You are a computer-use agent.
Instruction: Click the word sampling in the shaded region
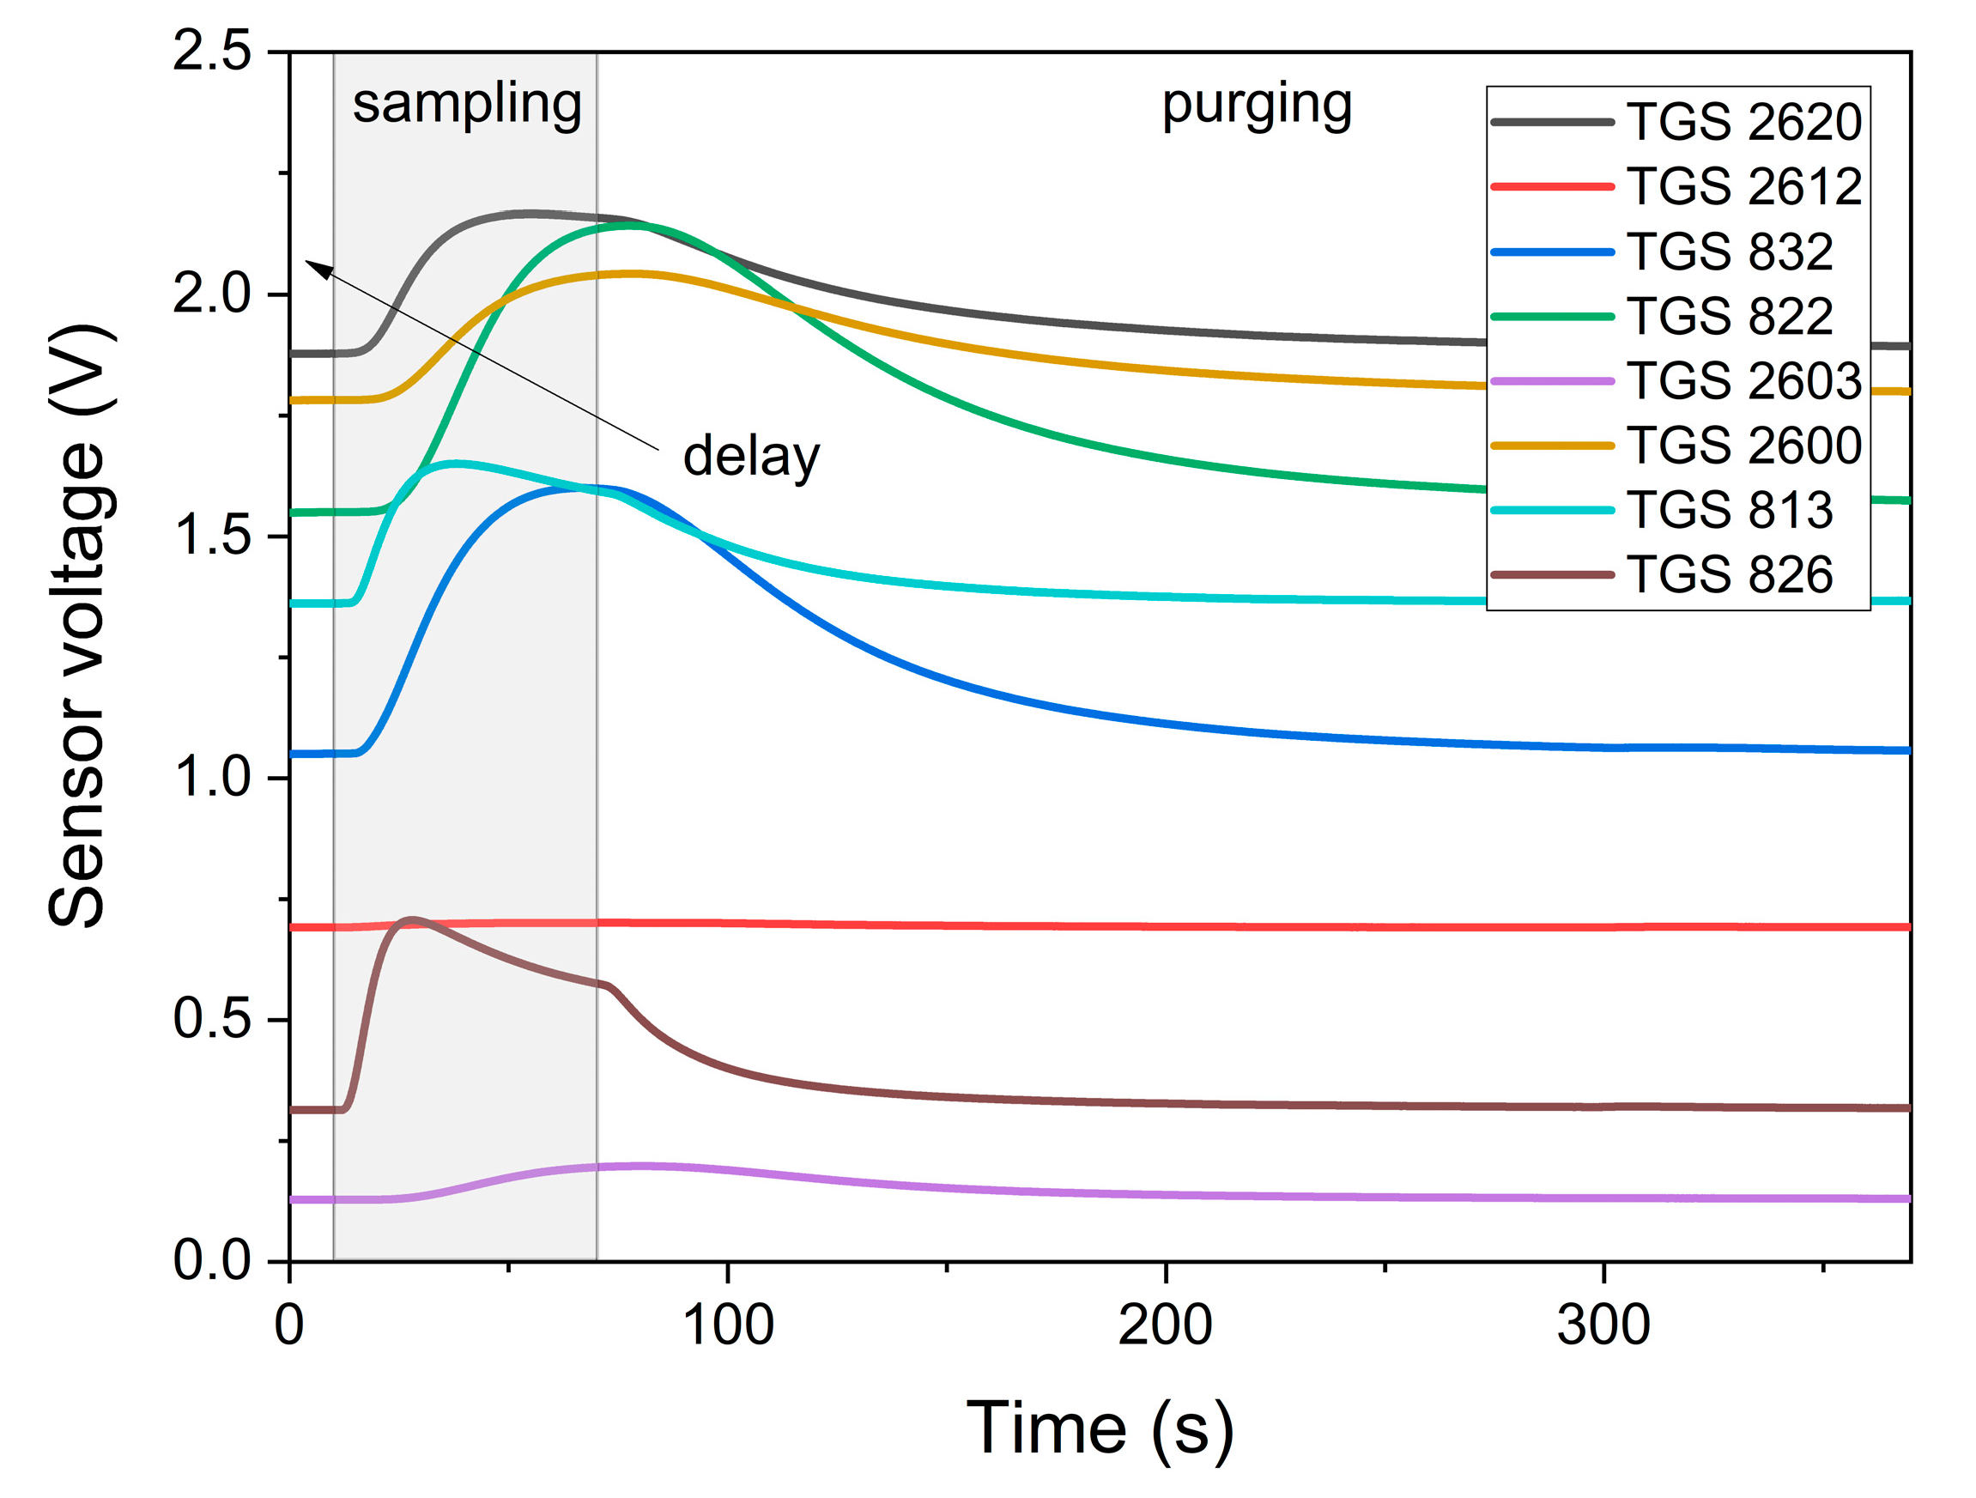tap(467, 106)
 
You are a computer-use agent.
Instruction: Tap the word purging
tap(1256, 106)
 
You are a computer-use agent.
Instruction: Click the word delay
tap(750, 457)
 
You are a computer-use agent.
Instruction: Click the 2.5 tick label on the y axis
tap(212, 52)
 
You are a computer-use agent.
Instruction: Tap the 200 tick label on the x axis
tap(1165, 1325)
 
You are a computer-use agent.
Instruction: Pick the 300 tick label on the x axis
tap(1603, 1325)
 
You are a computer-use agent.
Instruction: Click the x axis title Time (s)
tap(1100, 1428)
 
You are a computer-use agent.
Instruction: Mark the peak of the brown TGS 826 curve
tap(413, 919)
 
